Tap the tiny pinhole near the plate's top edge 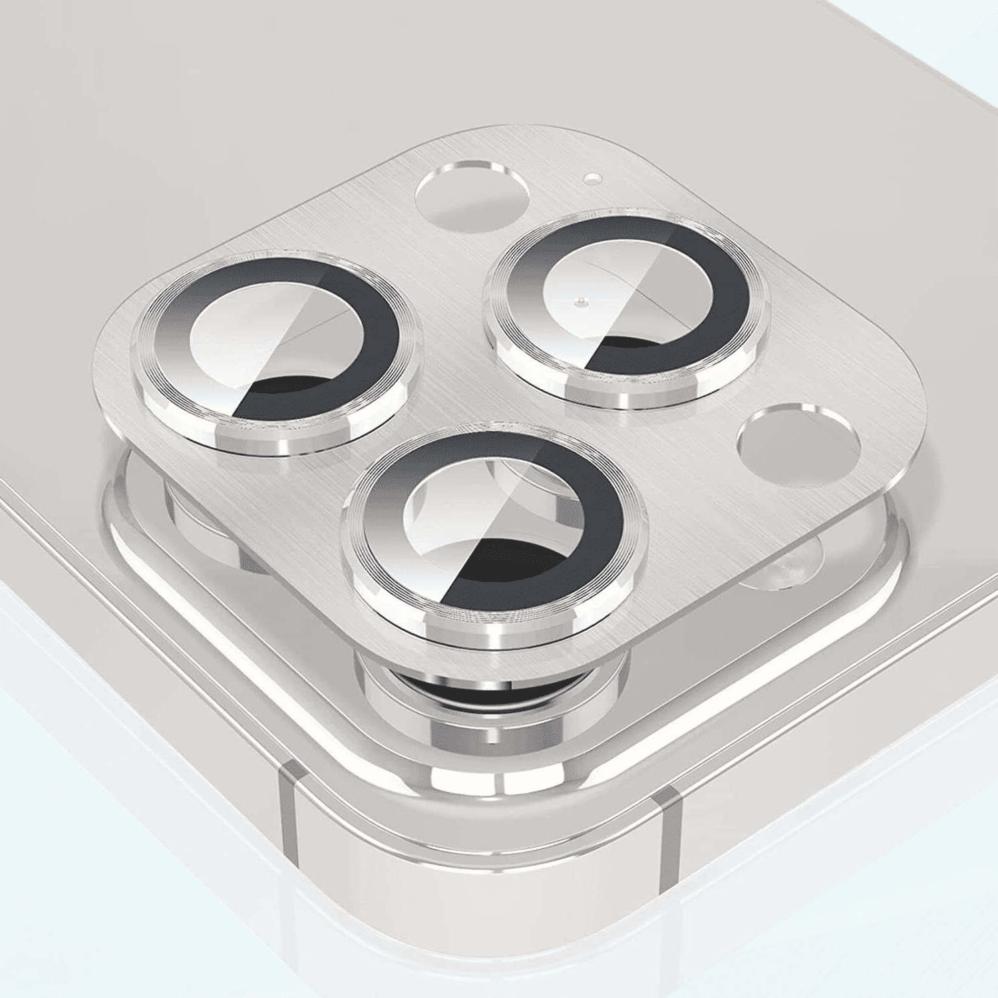click(x=590, y=178)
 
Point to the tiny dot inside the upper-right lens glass click(x=579, y=301)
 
